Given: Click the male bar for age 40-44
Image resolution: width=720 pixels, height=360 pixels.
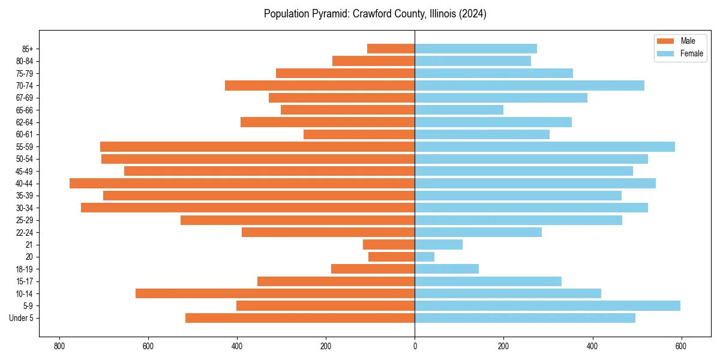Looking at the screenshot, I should [x=242, y=184].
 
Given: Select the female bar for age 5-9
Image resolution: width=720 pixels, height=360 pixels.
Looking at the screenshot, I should [x=547, y=306].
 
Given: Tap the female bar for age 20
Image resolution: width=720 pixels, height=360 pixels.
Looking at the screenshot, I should [x=425, y=257].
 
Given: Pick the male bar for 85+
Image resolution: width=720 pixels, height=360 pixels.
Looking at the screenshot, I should [x=391, y=49].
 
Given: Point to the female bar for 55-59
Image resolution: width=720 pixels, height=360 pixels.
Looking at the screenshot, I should [x=545, y=147].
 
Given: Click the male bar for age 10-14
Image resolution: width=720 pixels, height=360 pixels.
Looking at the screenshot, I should [x=275, y=293].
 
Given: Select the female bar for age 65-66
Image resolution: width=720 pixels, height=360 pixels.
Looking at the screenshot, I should [x=459, y=110].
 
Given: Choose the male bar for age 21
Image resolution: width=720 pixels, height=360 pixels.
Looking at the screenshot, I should [x=389, y=245].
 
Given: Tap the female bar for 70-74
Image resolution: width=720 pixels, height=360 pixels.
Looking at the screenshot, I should [x=529, y=86].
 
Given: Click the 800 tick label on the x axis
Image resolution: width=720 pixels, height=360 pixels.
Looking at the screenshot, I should [x=59, y=346].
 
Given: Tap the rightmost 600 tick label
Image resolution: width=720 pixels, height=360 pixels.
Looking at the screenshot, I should [x=681, y=346].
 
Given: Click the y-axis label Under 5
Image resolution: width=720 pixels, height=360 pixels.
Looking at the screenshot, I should [x=21, y=318].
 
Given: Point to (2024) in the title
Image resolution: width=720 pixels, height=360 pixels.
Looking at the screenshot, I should [x=472, y=14].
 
